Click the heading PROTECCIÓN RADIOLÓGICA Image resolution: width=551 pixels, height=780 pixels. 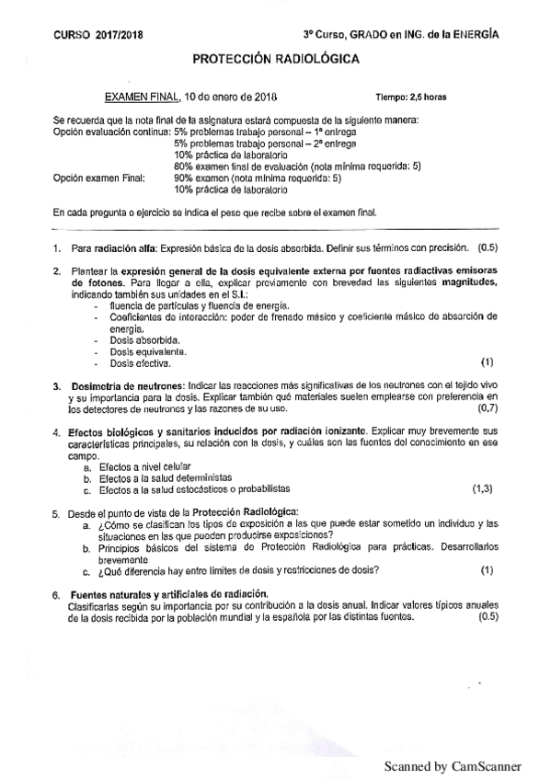point(276,59)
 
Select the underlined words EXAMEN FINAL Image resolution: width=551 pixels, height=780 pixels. point(143,96)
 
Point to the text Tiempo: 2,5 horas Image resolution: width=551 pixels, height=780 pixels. point(412,97)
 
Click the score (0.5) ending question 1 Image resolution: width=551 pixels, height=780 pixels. point(487,247)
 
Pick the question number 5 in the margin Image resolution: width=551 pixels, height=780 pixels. point(57,511)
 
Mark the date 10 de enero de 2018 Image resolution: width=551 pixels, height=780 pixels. point(232,96)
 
